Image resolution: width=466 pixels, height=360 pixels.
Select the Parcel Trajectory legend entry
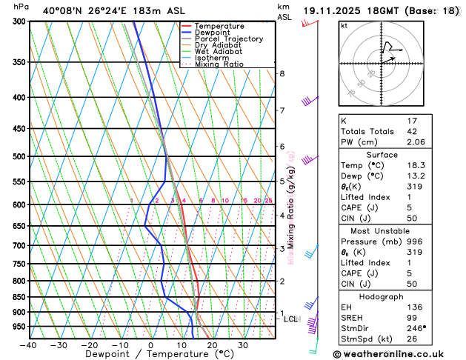pyautogui.click(x=228, y=39)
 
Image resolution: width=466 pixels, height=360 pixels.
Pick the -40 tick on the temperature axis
pyautogui.click(x=29, y=345)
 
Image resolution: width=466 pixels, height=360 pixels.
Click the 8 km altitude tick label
pyautogui.click(x=282, y=73)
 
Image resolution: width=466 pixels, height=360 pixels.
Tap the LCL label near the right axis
pyautogui.click(x=290, y=319)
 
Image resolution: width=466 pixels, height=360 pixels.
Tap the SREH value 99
pyautogui.click(x=413, y=318)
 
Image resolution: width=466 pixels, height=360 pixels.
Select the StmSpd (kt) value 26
pyautogui.click(x=413, y=340)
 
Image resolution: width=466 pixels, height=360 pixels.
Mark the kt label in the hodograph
pyautogui.click(x=344, y=25)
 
